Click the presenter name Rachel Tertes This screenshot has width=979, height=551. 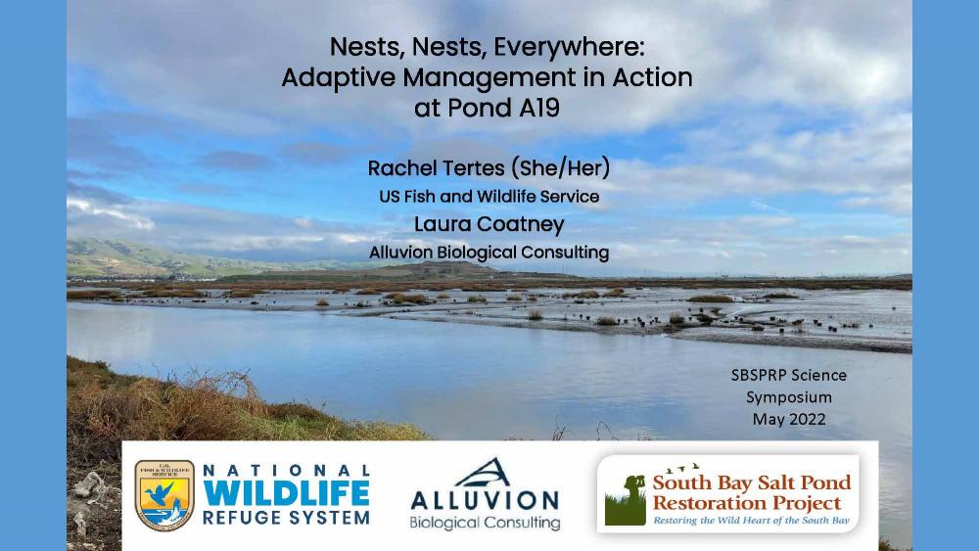(436, 168)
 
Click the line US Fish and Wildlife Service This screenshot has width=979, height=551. (489, 197)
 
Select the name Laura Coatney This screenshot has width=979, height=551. (489, 224)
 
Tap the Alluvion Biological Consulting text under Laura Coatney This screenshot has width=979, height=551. (489, 253)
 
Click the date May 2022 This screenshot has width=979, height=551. (788, 419)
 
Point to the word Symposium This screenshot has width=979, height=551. (788, 397)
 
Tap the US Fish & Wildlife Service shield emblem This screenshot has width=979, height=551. (164, 495)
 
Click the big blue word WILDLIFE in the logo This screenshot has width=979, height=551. (286, 493)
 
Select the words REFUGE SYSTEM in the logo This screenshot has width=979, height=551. (286, 518)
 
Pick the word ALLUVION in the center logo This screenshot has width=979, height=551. (485, 500)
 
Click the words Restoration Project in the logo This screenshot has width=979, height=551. (747, 503)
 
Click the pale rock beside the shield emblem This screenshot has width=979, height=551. (90, 485)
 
